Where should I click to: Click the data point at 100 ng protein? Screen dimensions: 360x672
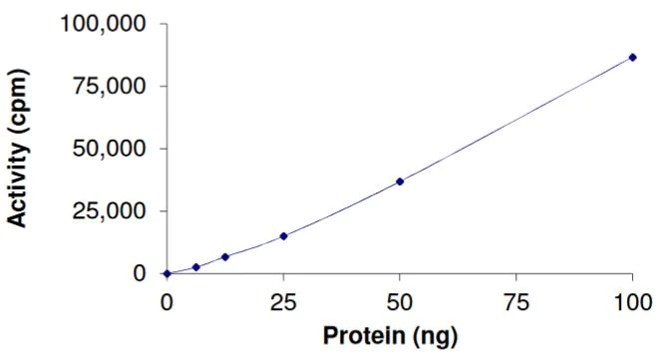coord(632,57)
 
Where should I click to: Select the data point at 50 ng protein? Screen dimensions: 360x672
coord(400,181)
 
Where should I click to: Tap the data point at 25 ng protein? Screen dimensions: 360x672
coord(284,236)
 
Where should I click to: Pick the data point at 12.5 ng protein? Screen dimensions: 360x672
coord(225,257)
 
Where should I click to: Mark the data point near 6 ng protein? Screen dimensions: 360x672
coord(196,267)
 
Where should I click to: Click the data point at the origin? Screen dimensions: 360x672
coord(168,273)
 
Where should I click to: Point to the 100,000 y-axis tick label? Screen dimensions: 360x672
coord(103,23)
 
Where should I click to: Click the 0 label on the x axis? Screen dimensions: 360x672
coord(168,300)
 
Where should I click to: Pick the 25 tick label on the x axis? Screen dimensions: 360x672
coord(283,300)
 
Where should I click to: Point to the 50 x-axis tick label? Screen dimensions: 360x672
coord(400,300)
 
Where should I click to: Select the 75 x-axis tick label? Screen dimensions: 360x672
coord(515,300)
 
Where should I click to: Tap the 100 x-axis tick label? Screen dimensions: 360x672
coord(632,300)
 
